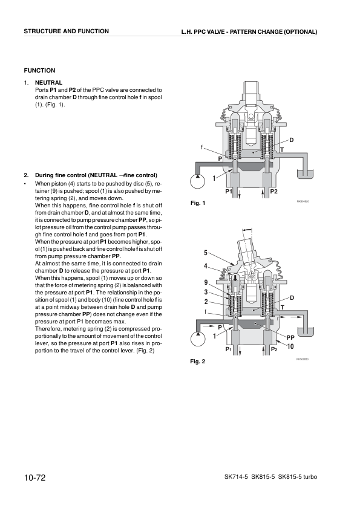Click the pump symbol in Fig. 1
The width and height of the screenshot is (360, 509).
(198, 180)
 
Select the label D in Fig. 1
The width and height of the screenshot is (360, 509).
(291, 140)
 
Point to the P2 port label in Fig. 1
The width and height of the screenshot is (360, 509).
(273, 192)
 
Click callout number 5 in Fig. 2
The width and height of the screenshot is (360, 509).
(206, 253)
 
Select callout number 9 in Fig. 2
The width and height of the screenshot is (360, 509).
(206, 282)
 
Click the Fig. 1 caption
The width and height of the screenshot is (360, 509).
(197, 203)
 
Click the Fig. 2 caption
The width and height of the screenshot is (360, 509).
(197, 362)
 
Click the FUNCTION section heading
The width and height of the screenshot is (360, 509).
(39, 71)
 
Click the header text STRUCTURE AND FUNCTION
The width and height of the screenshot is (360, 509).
(67, 31)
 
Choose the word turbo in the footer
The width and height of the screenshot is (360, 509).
(307, 478)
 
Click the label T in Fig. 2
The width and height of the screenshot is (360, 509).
(282, 307)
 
